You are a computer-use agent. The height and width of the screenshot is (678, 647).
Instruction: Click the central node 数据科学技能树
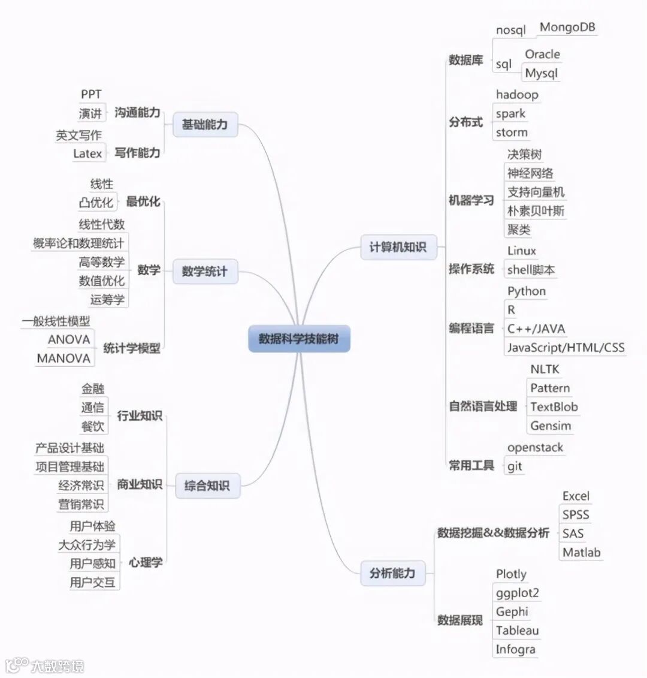click(x=299, y=339)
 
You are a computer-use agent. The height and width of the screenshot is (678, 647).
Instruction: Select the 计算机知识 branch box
click(x=398, y=246)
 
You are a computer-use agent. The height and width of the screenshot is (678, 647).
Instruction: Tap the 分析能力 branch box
click(x=392, y=573)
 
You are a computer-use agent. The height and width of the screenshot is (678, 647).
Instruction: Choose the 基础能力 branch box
click(x=205, y=125)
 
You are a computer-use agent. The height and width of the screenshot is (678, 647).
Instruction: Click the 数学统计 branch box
click(x=205, y=272)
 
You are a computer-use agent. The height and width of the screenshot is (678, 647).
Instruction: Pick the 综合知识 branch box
click(x=207, y=486)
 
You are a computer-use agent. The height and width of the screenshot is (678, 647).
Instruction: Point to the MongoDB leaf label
click(x=567, y=27)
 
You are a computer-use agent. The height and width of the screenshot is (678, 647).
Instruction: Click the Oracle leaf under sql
click(x=542, y=54)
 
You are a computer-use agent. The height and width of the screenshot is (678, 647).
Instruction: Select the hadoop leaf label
click(x=516, y=95)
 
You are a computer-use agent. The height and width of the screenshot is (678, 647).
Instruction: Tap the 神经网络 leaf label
click(x=530, y=173)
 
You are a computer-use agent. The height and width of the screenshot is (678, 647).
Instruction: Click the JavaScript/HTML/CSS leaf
click(x=565, y=347)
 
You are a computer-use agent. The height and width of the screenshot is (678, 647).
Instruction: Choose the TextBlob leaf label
click(x=554, y=407)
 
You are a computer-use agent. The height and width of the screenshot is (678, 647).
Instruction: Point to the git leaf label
click(x=514, y=466)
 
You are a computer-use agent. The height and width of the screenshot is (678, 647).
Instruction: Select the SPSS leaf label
click(x=575, y=515)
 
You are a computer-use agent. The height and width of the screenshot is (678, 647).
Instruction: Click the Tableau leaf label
click(x=517, y=631)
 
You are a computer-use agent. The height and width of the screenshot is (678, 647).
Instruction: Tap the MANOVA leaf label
click(x=64, y=358)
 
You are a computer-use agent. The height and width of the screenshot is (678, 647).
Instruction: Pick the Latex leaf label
click(x=87, y=153)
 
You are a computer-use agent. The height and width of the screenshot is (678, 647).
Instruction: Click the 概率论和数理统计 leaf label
click(x=78, y=243)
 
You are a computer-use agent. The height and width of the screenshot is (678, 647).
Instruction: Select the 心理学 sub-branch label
click(x=146, y=562)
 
